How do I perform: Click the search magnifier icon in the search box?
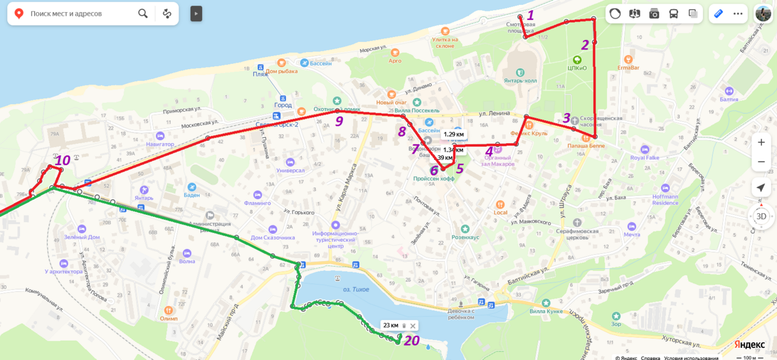(x=143, y=13)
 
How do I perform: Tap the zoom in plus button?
(x=761, y=142)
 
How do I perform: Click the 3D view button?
(x=761, y=216)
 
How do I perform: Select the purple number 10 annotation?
(x=63, y=161)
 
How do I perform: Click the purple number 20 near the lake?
(x=412, y=341)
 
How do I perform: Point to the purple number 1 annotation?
(x=530, y=15)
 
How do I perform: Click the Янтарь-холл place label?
(x=520, y=80)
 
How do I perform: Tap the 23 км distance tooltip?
(x=390, y=325)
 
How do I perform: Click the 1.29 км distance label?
(x=453, y=134)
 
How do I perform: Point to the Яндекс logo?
(x=749, y=344)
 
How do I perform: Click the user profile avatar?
(x=762, y=13)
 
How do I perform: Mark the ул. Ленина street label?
(x=492, y=113)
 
